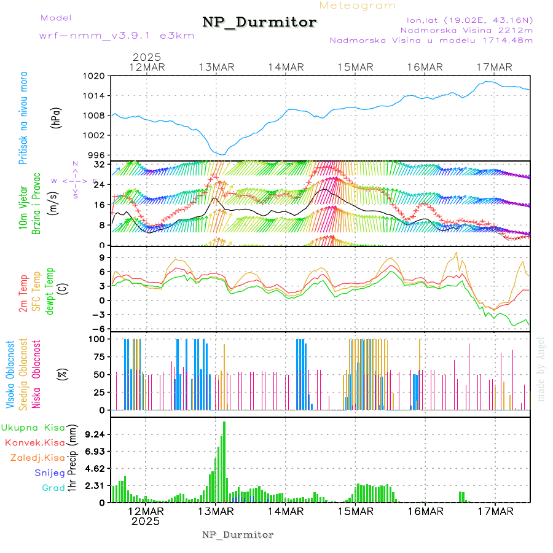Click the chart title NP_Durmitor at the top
259,23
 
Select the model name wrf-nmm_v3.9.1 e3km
117,36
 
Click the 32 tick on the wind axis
98,165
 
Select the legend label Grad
53,488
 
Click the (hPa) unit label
57,117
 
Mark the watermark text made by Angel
541,369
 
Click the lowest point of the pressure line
224,154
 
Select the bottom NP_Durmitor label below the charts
238,535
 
